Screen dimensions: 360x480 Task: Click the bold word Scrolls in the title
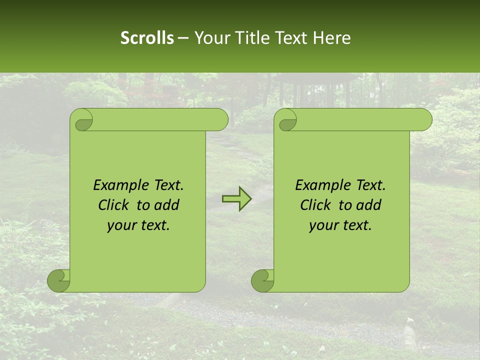147,38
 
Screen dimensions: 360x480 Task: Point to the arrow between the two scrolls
237,199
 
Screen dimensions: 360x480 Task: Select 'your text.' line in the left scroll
138,225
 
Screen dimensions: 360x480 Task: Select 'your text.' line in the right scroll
340,225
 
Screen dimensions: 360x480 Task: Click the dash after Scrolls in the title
183,38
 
